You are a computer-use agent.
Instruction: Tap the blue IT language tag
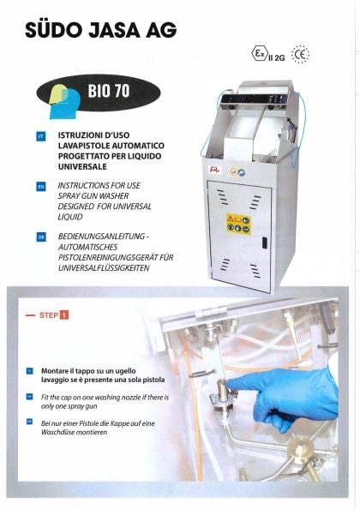[x=41, y=136]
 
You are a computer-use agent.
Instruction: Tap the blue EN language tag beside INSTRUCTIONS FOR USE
[x=41, y=185]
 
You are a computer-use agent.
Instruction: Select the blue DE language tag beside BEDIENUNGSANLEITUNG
[x=41, y=234]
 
